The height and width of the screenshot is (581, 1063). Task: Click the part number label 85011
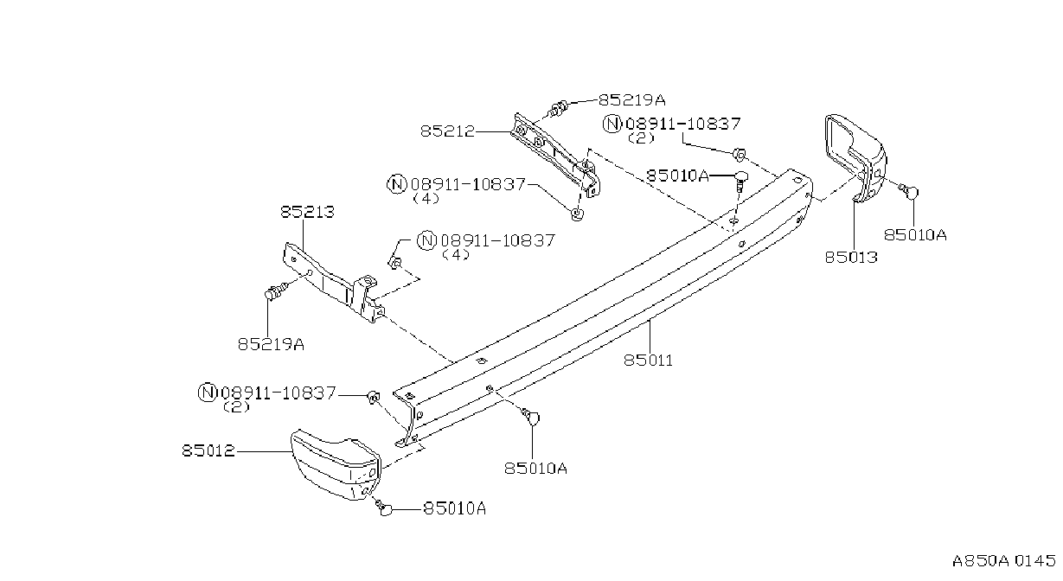point(648,361)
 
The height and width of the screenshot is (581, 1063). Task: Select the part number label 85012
point(208,450)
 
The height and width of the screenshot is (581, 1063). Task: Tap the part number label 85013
point(851,257)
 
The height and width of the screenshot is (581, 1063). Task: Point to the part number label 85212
point(447,131)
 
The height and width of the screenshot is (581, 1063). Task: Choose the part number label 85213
point(308,212)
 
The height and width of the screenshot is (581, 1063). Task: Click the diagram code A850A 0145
point(1003,561)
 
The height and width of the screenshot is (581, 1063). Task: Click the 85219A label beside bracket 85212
point(632,100)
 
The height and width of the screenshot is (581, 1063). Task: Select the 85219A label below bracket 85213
point(271,344)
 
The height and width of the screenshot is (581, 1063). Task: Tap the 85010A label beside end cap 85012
point(455,509)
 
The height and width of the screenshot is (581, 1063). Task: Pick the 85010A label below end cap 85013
point(915,235)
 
